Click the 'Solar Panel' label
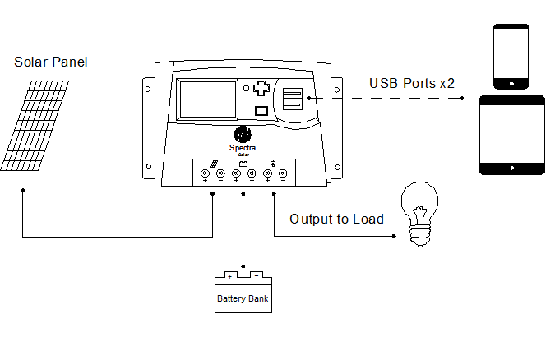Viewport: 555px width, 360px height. click(x=51, y=62)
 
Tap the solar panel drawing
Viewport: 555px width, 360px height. click(x=38, y=125)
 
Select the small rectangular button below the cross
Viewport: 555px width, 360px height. click(x=261, y=111)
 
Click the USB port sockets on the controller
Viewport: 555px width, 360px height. click(x=292, y=99)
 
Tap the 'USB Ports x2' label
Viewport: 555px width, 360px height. click(x=412, y=83)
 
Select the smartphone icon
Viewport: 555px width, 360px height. click(x=509, y=56)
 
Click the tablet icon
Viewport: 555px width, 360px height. click(x=512, y=135)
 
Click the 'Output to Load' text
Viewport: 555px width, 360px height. click(x=336, y=219)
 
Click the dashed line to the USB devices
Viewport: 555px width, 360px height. click(x=386, y=98)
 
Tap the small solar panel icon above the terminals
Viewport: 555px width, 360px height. click(x=213, y=164)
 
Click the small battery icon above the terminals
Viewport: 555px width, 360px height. click(x=243, y=164)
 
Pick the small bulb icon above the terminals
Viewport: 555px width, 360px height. click(x=272, y=164)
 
